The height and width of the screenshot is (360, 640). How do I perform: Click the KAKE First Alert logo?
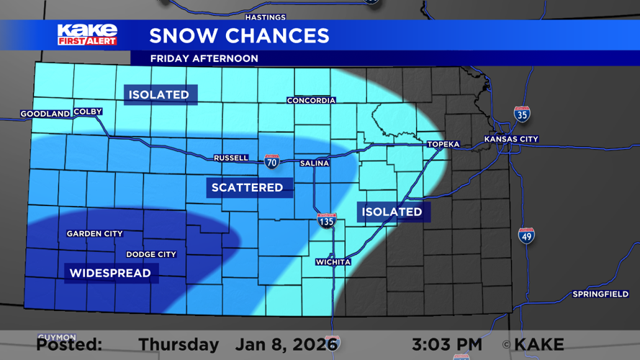click(87, 35)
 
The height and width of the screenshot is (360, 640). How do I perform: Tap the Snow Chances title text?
click(239, 35)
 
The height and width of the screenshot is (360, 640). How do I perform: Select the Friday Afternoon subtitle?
click(204, 58)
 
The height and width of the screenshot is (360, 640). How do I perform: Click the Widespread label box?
click(110, 273)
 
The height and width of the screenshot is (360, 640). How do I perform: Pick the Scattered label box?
click(247, 187)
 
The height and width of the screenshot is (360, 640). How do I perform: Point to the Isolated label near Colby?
click(158, 94)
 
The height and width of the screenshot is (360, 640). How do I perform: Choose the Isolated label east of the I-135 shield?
click(392, 212)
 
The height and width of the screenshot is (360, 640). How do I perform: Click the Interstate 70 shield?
click(271, 161)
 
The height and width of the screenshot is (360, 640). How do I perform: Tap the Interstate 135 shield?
click(326, 220)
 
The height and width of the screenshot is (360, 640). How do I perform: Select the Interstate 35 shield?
click(522, 114)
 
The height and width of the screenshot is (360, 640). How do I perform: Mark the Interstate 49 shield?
click(526, 235)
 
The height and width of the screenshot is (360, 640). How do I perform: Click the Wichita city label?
click(333, 262)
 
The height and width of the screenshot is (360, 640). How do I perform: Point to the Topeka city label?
click(443, 144)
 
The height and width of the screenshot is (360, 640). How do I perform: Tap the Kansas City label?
click(511, 139)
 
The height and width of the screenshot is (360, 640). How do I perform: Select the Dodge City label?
click(151, 254)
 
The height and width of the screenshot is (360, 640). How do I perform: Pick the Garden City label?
click(94, 233)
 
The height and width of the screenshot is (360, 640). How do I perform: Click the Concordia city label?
click(311, 100)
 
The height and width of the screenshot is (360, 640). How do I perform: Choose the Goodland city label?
click(45, 114)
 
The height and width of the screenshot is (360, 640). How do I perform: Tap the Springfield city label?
click(600, 294)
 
